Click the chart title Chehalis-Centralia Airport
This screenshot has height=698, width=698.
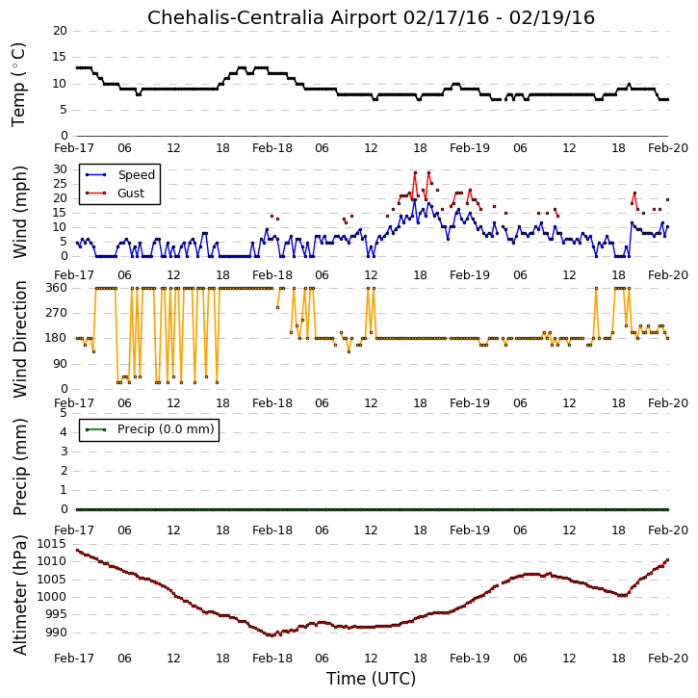(x=272, y=17)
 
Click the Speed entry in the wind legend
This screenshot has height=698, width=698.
(x=136, y=175)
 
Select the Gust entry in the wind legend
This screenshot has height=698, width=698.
(x=131, y=194)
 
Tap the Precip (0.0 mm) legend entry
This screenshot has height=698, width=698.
(x=166, y=429)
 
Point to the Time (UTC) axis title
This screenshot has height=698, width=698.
(x=371, y=679)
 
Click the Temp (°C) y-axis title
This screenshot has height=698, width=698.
(x=18, y=85)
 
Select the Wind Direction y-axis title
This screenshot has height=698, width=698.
(x=20, y=339)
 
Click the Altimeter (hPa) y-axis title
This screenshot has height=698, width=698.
(x=20, y=595)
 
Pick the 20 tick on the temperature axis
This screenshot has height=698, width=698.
(x=60, y=31)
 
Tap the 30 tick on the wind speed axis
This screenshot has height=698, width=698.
(x=60, y=169)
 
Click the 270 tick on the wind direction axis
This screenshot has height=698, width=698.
(x=57, y=313)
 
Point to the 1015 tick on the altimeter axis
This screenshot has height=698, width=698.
(x=52, y=544)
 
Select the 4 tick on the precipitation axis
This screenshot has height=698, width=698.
(x=64, y=432)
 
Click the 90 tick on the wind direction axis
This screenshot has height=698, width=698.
(x=60, y=364)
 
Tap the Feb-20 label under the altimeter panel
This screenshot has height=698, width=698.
(x=668, y=658)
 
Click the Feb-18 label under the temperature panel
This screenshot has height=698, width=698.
(x=272, y=148)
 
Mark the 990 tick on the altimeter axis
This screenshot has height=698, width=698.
(x=57, y=633)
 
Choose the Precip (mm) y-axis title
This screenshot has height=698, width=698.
(x=20, y=467)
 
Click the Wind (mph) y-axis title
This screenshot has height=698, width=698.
(x=20, y=213)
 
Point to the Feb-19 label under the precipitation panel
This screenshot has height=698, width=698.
(x=470, y=530)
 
